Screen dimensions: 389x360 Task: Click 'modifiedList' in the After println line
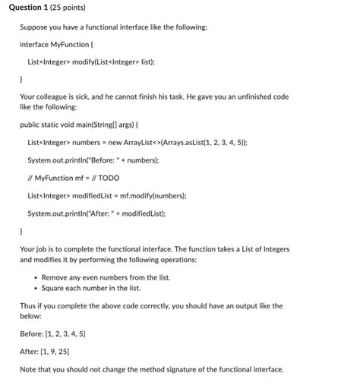pyautogui.click(x=147, y=213)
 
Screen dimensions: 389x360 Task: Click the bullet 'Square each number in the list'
pyautogui.click(x=91, y=288)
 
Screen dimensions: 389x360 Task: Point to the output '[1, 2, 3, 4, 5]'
pyautogui.click(x=65, y=334)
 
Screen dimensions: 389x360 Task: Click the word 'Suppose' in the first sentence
pyautogui.click(x=33, y=27)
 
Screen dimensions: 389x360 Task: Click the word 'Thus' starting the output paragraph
pyautogui.click(x=27, y=306)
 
